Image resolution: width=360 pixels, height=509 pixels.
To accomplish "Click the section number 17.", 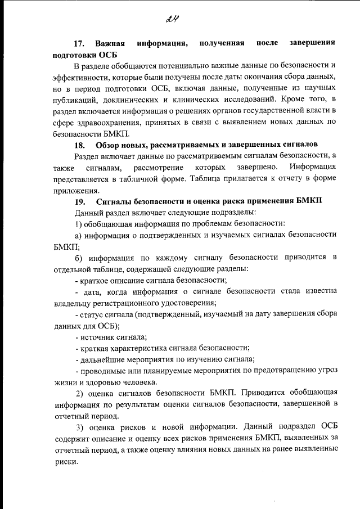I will point(80,43).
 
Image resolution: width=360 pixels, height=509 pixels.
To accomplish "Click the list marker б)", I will point(79,258).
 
